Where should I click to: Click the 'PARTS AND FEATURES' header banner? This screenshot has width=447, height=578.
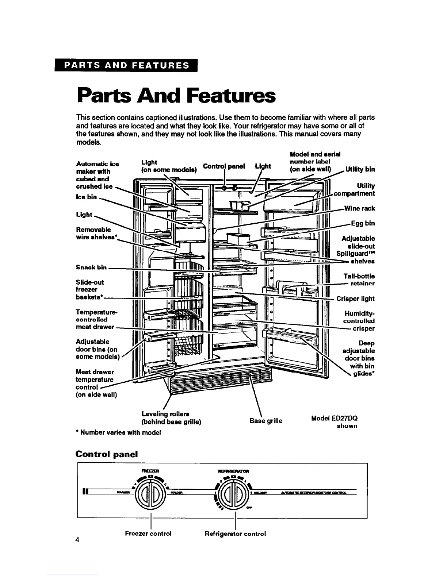tap(127, 66)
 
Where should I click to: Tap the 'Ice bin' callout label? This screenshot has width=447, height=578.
tap(86, 197)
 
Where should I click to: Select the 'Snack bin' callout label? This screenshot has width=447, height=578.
tap(91, 267)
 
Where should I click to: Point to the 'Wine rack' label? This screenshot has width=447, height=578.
tap(359, 208)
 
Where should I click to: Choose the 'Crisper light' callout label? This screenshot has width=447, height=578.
tap(355, 299)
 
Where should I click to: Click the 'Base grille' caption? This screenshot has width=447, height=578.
tap(266, 421)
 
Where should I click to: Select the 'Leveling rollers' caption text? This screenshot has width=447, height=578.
tap(165, 414)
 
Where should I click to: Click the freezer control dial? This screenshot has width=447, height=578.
tap(150, 495)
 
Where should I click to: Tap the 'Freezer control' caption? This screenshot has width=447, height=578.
tap(148, 533)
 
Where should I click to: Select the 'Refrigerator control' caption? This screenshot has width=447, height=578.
tap(235, 533)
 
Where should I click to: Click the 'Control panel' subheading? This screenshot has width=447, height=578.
tap(106, 454)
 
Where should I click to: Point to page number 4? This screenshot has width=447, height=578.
tap(77, 540)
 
